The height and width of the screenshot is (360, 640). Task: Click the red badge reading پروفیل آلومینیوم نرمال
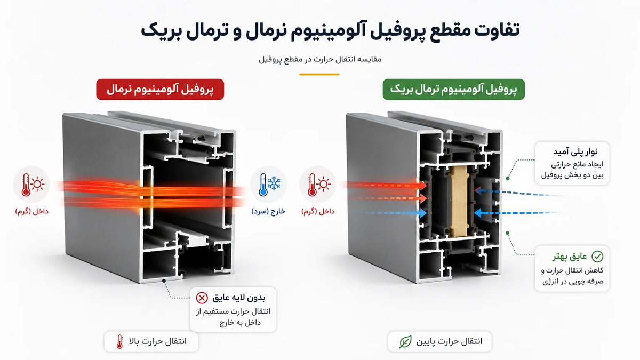tap(160, 90)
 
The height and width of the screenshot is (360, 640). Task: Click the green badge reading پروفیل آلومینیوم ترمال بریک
tap(454, 90)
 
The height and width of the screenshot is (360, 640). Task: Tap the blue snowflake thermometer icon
tap(269, 185)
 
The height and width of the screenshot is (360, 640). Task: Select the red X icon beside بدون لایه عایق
tap(202, 298)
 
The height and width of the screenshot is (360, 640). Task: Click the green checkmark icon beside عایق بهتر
tap(597, 257)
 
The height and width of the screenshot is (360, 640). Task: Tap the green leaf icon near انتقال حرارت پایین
tap(405, 341)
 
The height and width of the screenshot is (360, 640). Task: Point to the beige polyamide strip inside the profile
tap(459, 202)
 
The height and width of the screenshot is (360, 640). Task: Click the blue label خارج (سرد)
tap(268, 211)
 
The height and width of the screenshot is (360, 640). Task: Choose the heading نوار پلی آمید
tap(575, 151)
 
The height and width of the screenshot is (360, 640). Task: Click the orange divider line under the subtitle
tap(319, 74)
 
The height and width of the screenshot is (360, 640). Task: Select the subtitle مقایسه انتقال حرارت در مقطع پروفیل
tap(320, 59)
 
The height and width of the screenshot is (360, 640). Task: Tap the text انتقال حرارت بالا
tap(158, 341)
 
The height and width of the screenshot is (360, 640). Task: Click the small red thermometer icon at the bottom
tap(119, 341)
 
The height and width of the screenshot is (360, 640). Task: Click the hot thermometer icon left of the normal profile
tap(31, 185)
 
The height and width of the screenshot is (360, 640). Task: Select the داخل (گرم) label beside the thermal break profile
tap(318, 211)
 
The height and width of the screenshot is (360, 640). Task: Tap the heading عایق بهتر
tap(570, 257)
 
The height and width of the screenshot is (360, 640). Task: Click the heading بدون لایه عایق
tap(239, 298)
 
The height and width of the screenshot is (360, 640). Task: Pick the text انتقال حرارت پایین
tap(449, 341)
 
